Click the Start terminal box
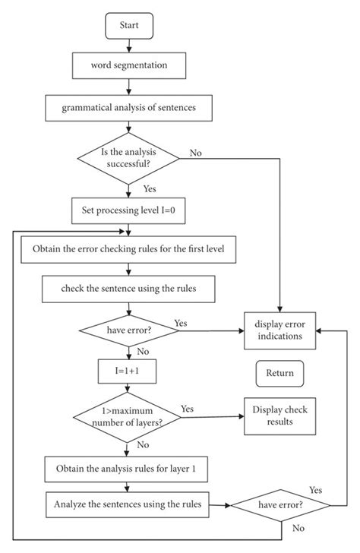(x=130, y=26)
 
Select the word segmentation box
(x=130, y=65)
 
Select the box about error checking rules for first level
(x=130, y=248)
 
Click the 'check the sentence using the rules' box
(x=130, y=289)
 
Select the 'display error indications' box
(x=279, y=330)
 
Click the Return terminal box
(x=279, y=373)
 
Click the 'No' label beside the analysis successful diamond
(x=196, y=153)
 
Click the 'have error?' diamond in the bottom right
(x=280, y=504)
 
